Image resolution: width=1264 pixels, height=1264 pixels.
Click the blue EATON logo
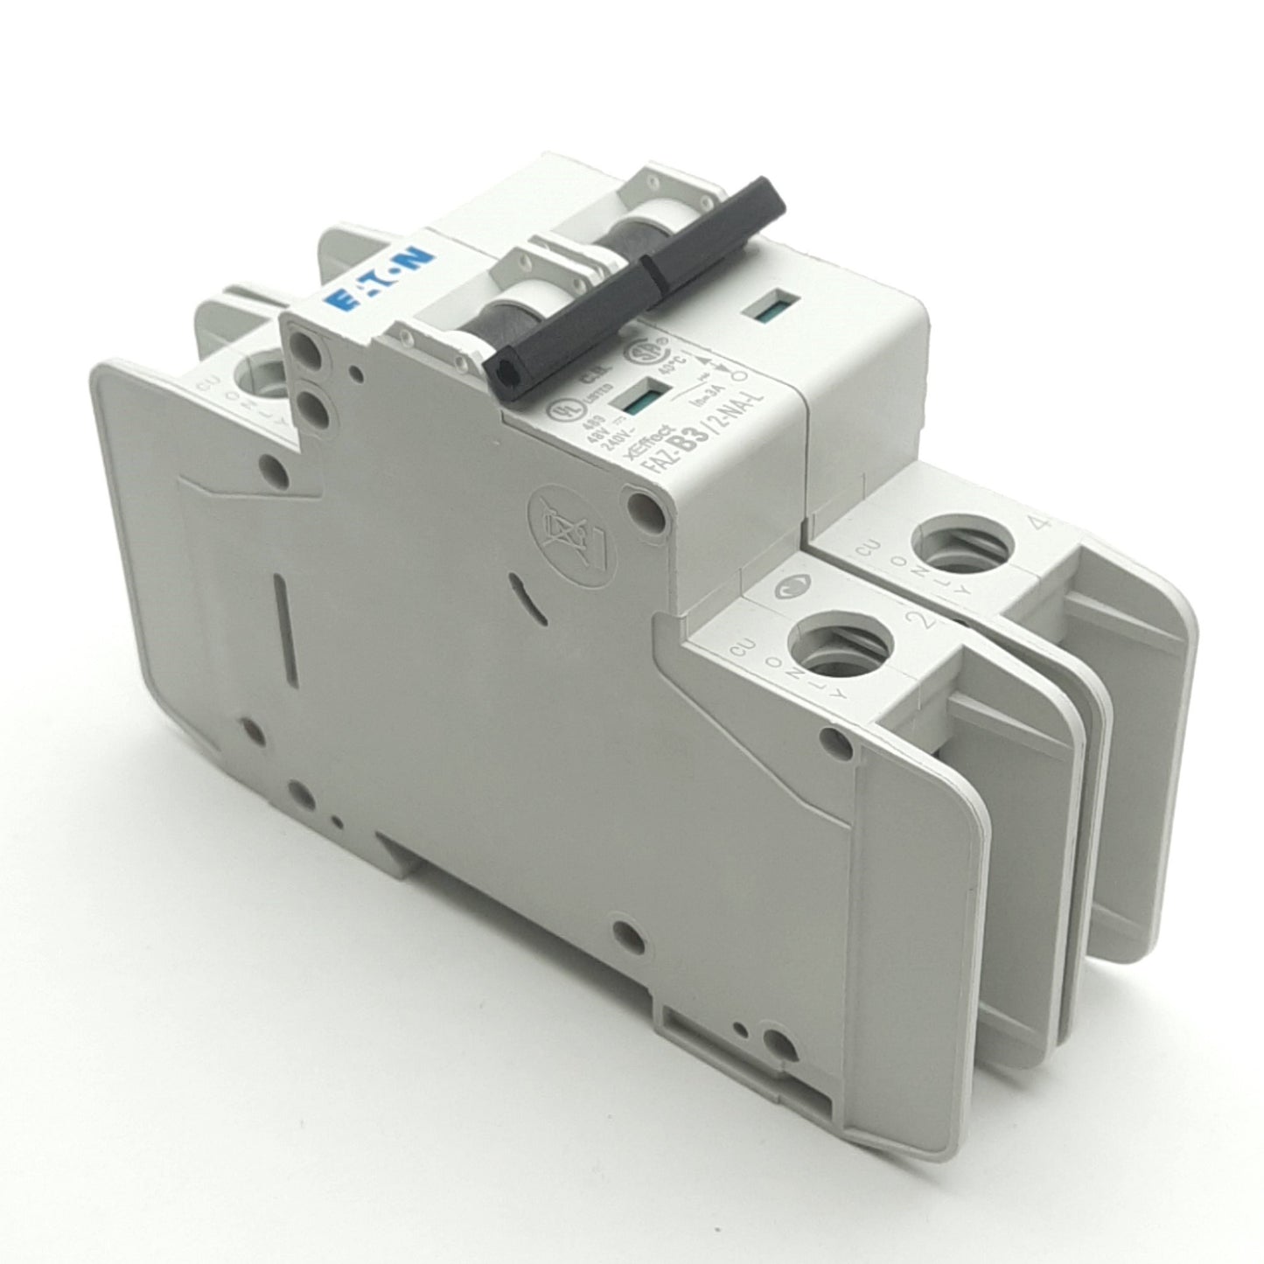(381, 278)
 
